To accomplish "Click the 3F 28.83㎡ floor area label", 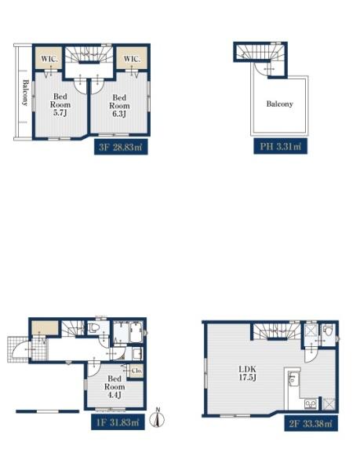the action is coord(121,147).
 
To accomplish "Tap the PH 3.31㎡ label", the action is coord(280,146).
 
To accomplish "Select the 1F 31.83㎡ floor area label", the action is coord(118,422).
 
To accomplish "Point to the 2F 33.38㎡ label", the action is coord(311,424).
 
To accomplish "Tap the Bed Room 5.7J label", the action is coord(60,105).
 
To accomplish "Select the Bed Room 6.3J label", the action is coord(119,106).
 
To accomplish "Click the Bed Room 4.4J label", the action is coord(115,387).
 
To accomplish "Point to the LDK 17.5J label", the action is coord(247,374).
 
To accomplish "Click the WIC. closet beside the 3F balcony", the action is coord(49,59).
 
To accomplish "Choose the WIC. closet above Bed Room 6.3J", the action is coord(132,59).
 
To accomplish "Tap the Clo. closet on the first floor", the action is coord(136,371).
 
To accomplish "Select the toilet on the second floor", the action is coord(328,331).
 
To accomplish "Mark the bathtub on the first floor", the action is coord(136,333).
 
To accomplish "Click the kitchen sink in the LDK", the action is coord(293,379).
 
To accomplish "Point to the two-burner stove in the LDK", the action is coord(311,404).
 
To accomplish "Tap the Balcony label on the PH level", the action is coord(279,104).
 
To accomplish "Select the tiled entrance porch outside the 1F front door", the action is coord(18,349).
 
